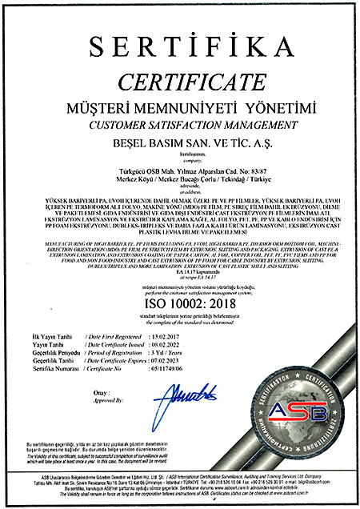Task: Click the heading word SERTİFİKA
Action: [x=179, y=46]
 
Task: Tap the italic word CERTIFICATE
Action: [x=179, y=81]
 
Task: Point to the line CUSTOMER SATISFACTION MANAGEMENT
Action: [x=179, y=126]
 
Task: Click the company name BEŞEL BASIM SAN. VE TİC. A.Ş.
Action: [x=179, y=146]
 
